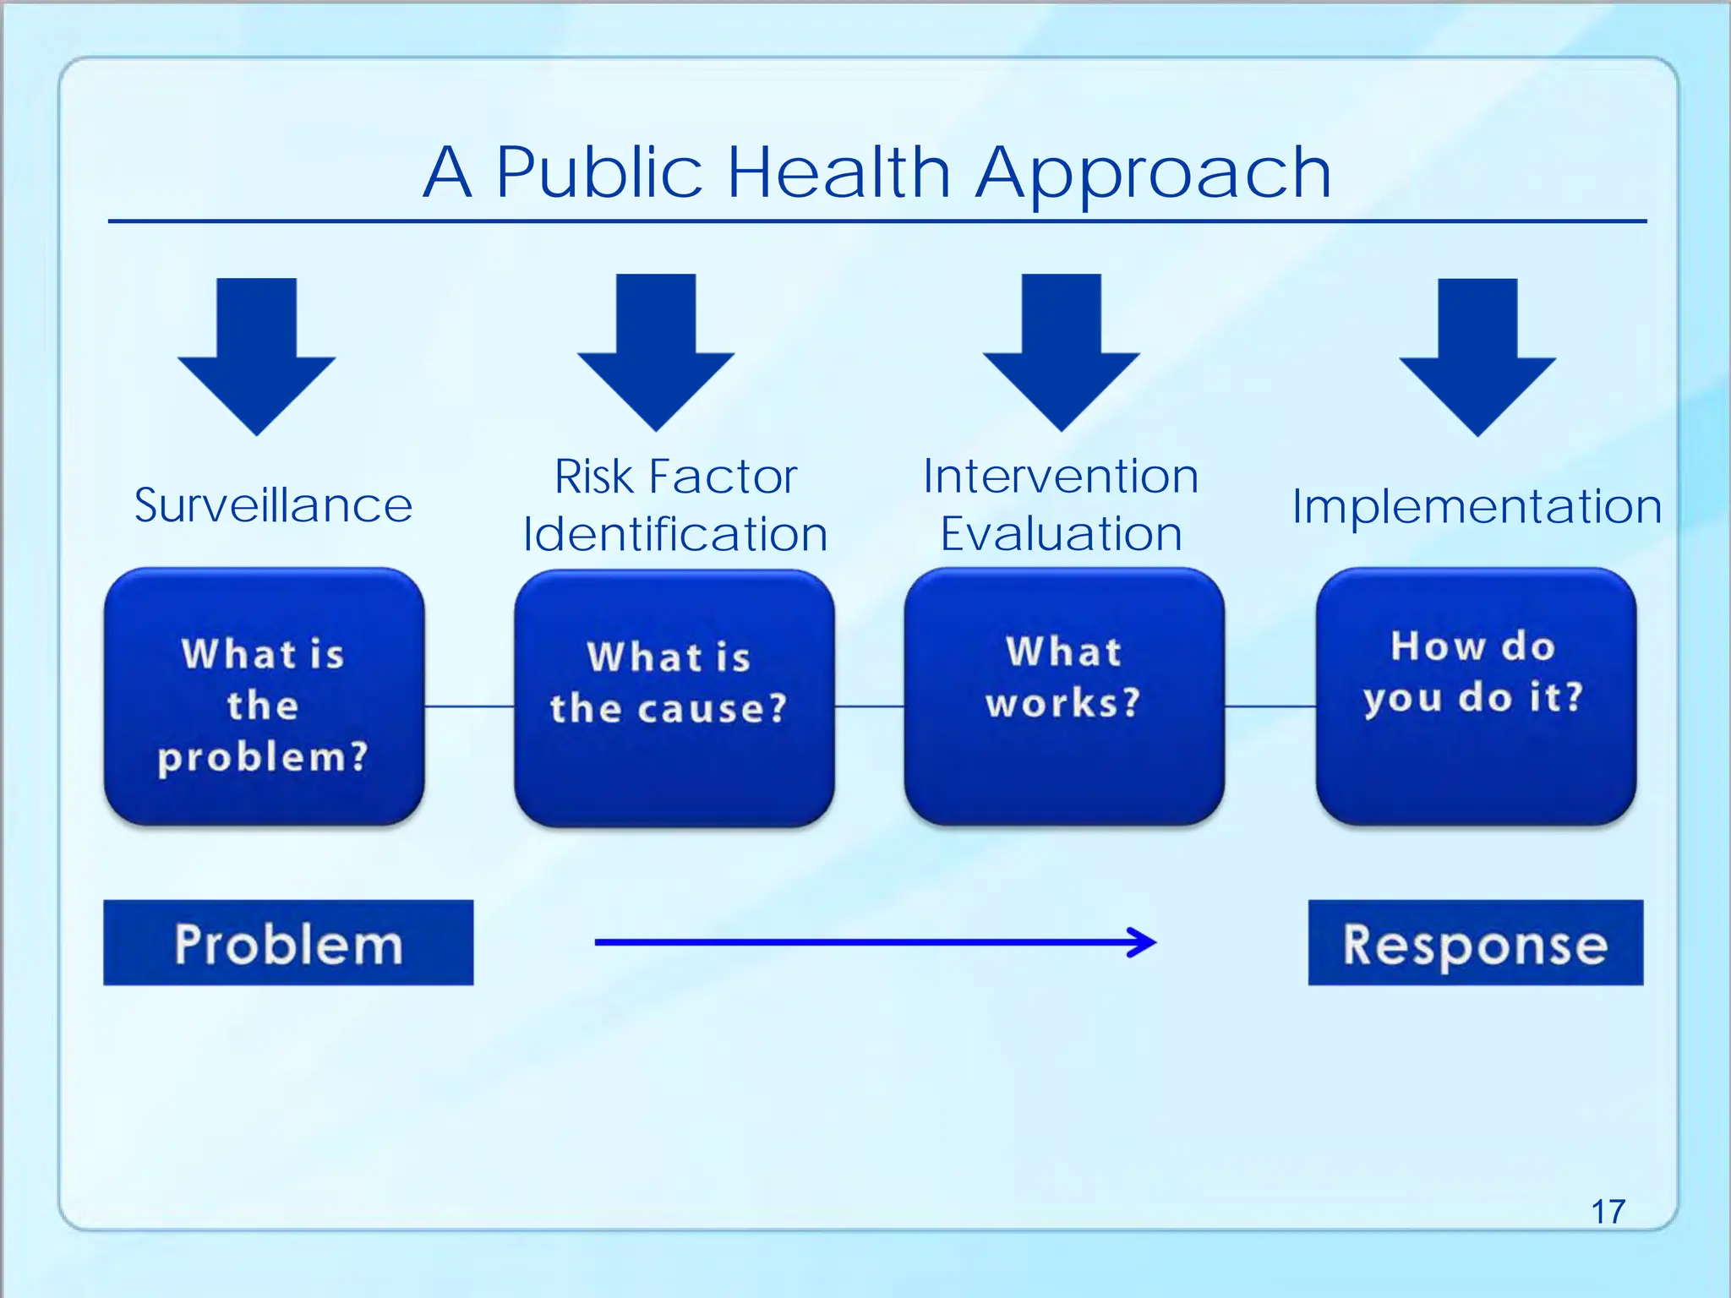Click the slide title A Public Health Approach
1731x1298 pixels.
click(x=876, y=173)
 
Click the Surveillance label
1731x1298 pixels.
click(x=273, y=506)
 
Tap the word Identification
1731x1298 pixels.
click(x=674, y=535)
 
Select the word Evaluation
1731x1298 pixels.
click(x=1061, y=535)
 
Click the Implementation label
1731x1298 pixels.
click(x=1477, y=507)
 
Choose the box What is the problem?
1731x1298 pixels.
click(x=264, y=697)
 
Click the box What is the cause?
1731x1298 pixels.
click(x=674, y=698)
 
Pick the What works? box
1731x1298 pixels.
click(x=1064, y=697)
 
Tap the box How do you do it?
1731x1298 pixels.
click(x=1476, y=697)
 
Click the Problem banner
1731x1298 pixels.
click(x=288, y=943)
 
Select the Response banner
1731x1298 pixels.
click(x=1476, y=943)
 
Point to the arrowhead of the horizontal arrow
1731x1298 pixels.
click(x=1145, y=942)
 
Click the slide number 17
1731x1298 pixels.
click(x=1608, y=1212)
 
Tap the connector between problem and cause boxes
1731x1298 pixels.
click(x=469, y=706)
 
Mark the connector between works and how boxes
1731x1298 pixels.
click(x=1270, y=706)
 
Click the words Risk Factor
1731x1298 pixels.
click(x=675, y=477)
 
